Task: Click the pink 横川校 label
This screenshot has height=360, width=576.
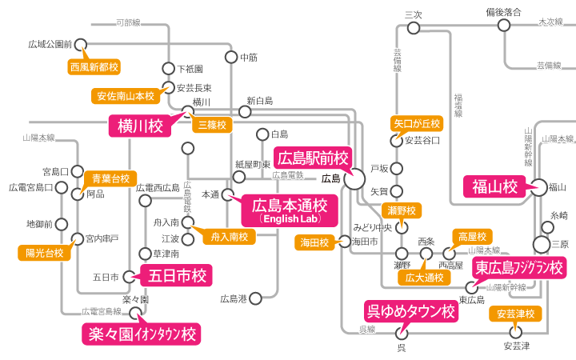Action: pos(140,126)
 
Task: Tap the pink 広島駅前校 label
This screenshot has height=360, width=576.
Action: pos(312,158)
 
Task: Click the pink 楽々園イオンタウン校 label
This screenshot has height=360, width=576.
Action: pos(140,334)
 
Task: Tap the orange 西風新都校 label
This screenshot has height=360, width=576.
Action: pos(94,66)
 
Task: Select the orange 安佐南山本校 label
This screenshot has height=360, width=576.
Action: pos(126,96)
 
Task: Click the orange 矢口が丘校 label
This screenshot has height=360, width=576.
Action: pos(417,123)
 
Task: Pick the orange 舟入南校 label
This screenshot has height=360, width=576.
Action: pos(229,237)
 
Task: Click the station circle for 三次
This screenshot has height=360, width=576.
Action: pos(414,28)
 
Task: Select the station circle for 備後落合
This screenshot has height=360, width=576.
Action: pos(504,26)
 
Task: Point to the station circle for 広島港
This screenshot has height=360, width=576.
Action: pos(254,298)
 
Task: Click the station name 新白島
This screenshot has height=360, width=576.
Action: pos(260,101)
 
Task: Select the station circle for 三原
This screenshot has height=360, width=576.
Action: pos(542,243)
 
